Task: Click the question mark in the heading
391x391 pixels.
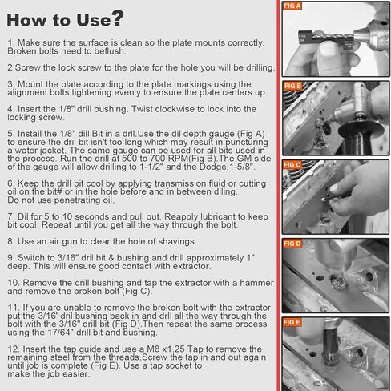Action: point(118,18)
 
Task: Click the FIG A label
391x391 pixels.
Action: point(292,6)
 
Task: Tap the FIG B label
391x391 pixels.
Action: point(292,86)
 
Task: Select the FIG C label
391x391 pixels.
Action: point(292,165)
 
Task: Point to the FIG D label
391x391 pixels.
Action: point(292,244)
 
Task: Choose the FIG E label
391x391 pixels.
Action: point(292,322)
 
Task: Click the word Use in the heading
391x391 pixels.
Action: point(94,20)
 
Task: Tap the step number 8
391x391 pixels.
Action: point(11,241)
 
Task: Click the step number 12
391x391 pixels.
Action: point(14,349)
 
